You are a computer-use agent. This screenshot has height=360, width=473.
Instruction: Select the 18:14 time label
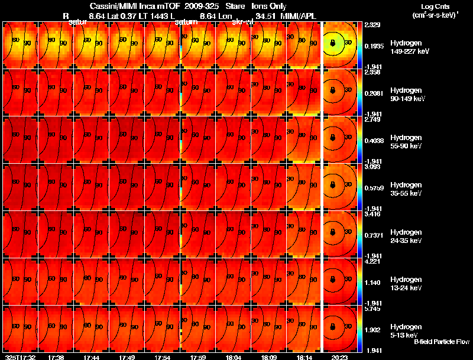click(x=303, y=357)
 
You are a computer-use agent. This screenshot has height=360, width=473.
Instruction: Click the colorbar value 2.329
click(x=372, y=25)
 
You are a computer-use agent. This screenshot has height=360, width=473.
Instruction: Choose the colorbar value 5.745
click(x=372, y=309)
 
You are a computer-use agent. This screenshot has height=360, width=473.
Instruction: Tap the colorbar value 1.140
click(x=372, y=283)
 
